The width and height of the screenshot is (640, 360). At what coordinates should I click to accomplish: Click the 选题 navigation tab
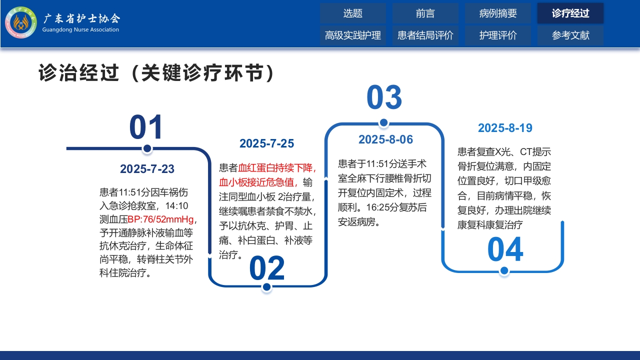(352, 13)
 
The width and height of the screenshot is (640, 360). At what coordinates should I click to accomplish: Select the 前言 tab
(425, 13)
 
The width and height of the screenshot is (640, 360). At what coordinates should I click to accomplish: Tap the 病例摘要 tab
(498, 13)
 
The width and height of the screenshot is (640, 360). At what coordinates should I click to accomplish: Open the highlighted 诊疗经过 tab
(570, 13)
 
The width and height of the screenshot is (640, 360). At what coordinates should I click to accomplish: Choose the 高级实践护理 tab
(352, 35)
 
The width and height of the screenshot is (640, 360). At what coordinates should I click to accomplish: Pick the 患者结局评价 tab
(425, 35)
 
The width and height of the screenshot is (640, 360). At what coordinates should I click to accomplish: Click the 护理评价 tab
(498, 35)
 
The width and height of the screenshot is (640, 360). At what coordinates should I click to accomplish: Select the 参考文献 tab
(570, 35)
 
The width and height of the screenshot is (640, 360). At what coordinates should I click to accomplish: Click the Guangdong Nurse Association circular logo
(21, 22)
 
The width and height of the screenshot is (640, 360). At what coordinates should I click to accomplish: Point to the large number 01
(146, 127)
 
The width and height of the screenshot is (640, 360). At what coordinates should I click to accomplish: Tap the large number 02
(267, 268)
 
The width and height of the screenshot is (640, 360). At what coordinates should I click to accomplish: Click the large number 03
(384, 97)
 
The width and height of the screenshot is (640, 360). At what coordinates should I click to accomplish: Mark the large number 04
(505, 250)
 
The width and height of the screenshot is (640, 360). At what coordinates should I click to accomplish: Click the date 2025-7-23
(147, 169)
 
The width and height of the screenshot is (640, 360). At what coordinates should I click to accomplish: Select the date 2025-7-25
(266, 143)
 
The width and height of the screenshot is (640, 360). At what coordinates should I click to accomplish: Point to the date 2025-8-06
(385, 139)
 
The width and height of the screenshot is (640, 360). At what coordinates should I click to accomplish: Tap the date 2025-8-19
(505, 128)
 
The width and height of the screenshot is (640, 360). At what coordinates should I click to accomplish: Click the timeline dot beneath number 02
(266, 287)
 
